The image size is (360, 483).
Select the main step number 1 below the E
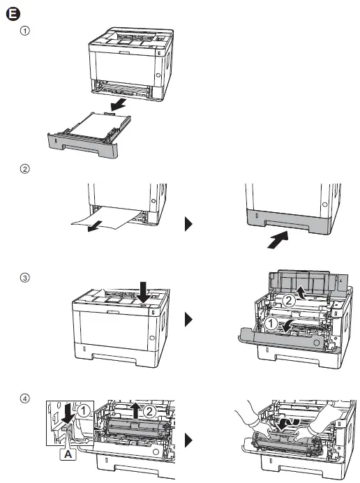(x=26, y=31)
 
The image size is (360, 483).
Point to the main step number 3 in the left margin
(x=26, y=277)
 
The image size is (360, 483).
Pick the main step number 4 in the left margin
(x=26, y=399)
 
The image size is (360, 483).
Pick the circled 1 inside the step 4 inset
(x=83, y=412)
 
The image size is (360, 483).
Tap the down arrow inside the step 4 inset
(x=68, y=414)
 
